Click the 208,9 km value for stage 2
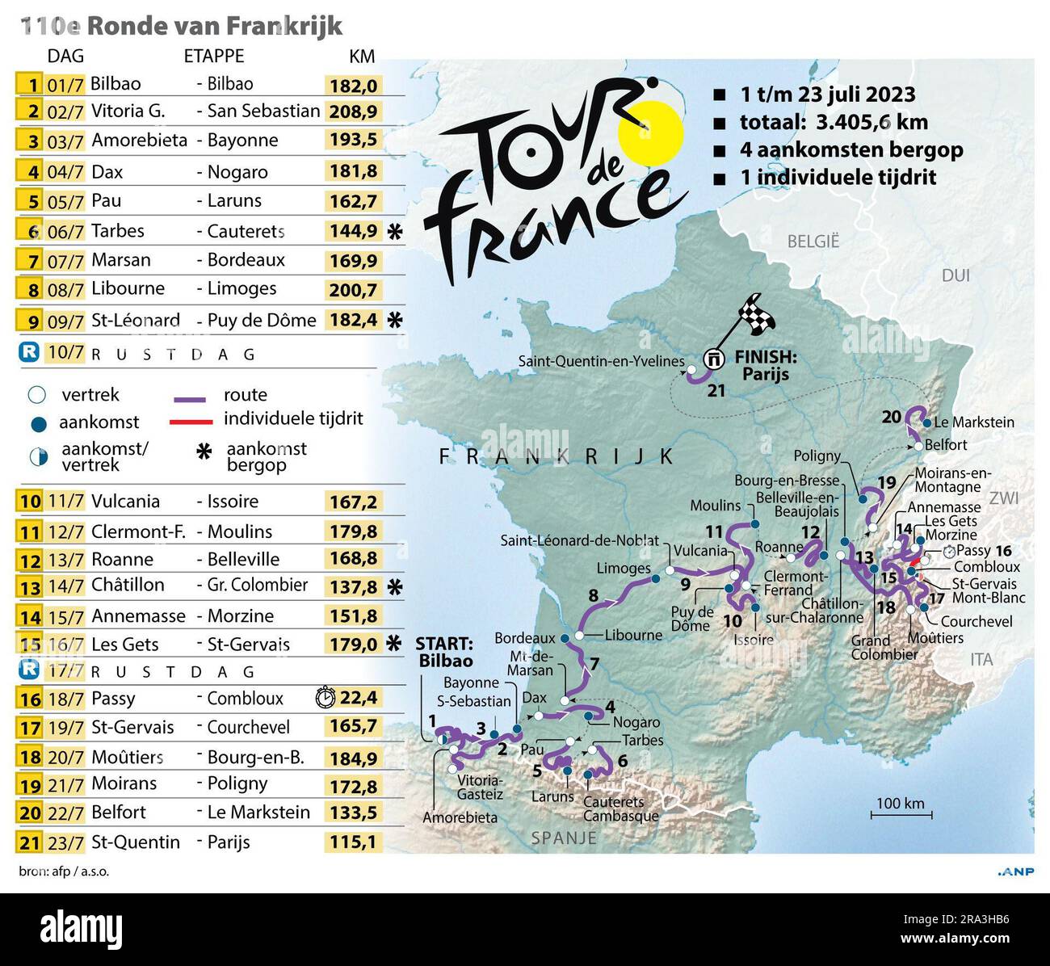pyautogui.click(x=353, y=111)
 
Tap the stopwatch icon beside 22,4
pyautogui.click(x=325, y=697)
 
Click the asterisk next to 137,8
pyautogui.click(x=394, y=587)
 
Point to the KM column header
pyautogui.click(x=362, y=56)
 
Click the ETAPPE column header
pyautogui.click(x=214, y=56)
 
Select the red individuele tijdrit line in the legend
pyautogui.click(x=191, y=421)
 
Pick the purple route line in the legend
pyautogui.click(x=191, y=398)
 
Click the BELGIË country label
pyautogui.click(x=813, y=241)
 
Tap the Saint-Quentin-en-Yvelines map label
pyautogui.click(x=601, y=361)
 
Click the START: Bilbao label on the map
pyautogui.click(x=444, y=652)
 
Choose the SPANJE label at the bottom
pyautogui.click(x=564, y=838)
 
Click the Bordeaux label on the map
pyautogui.click(x=525, y=638)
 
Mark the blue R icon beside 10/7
pyautogui.click(x=29, y=352)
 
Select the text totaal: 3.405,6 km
pyautogui.click(x=834, y=122)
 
